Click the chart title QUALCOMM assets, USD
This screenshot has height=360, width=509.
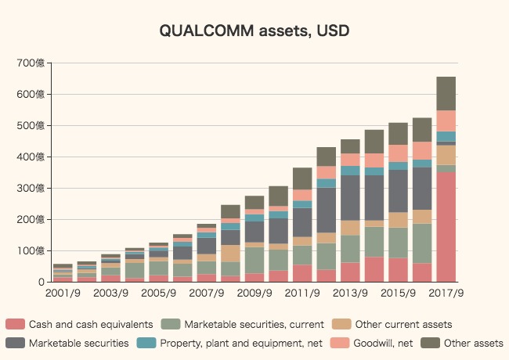click(254, 31)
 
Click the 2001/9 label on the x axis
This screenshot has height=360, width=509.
click(63, 293)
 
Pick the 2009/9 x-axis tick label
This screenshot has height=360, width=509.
click(254, 293)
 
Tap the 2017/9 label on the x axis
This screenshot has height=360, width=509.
click(446, 293)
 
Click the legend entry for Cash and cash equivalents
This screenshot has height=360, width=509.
click(90, 324)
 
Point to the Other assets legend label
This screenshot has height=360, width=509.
click(473, 343)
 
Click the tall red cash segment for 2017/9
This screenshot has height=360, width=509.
click(446, 227)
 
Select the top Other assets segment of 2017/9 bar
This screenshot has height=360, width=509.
click(446, 93)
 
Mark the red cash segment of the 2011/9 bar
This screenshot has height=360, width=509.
click(302, 273)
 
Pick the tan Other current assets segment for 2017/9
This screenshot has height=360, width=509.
click(446, 155)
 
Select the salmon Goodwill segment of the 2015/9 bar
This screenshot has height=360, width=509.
click(398, 153)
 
